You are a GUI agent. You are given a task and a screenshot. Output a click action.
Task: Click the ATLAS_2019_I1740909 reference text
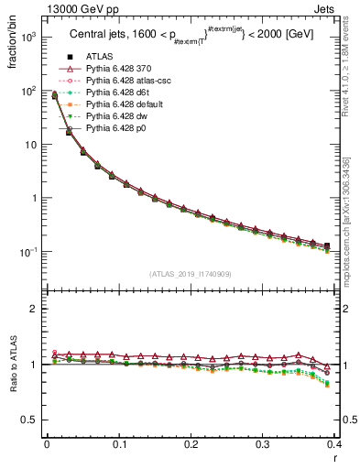191,274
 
